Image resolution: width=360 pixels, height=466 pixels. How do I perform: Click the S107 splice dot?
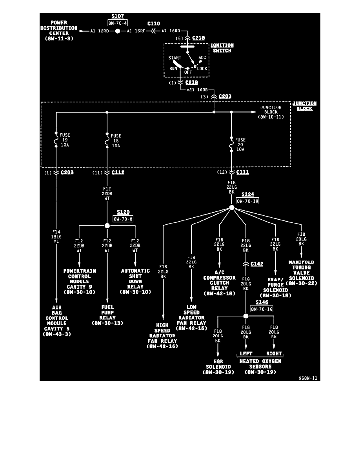click(x=117, y=31)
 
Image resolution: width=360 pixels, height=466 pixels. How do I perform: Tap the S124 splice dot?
click(x=231, y=208)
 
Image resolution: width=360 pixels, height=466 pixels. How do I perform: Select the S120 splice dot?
click(x=107, y=226)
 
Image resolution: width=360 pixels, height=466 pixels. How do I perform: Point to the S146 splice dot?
click(x=246, y=316)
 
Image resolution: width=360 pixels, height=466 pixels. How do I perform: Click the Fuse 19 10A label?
click(x=65, y=140)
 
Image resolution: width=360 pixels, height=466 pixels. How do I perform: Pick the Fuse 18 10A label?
click(x=116, y=141)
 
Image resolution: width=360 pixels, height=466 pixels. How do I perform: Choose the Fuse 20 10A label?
click(x=240, y=144)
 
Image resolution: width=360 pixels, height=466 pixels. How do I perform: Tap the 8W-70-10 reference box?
click(x=247, y=200)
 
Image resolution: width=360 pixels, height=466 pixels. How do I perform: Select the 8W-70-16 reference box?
click(x=262, y=309)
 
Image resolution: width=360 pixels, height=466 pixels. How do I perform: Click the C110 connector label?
click(x=154, y=24)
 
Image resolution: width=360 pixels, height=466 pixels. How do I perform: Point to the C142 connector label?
click(x=257, y=264)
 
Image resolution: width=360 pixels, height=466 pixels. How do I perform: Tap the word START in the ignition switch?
click(x=175, y=58)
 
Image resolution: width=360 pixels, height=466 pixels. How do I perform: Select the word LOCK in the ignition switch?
click(x=202, y=69)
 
